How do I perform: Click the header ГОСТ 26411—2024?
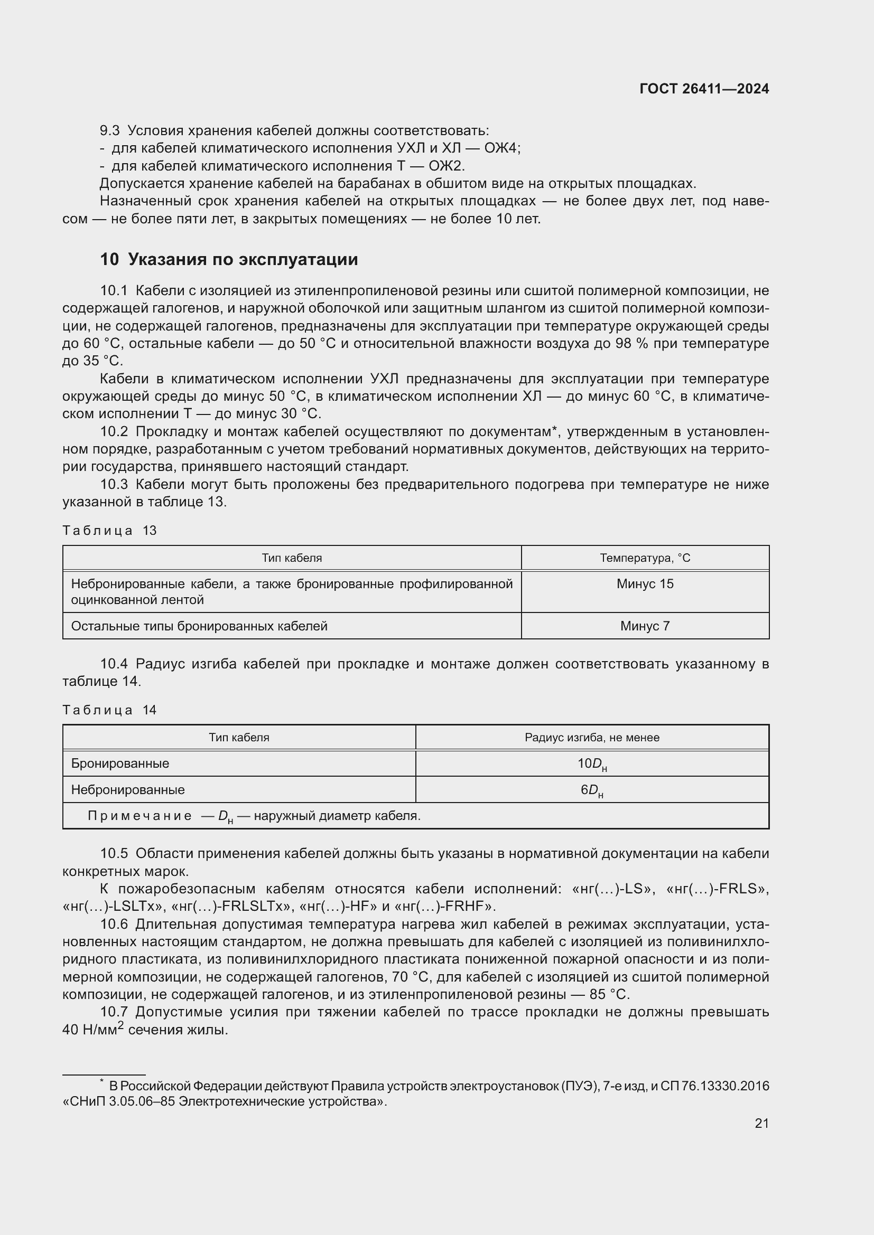coord(704,89)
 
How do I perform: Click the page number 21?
coord(761,1123)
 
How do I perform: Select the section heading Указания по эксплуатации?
coord(243,259)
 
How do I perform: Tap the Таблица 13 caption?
coord(109,530)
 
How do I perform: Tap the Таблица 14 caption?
coord(109,710)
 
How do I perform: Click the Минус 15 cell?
coord(645,584)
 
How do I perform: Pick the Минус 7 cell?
coord(645,626)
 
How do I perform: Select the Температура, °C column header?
coord(645,558)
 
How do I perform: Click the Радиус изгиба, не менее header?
coord(592,738)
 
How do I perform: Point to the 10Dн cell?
coord(592,765)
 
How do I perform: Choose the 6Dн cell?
coord(592,791)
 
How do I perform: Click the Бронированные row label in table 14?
coord(120,764)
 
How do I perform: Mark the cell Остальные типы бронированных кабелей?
coord(199,626)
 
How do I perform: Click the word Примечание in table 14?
coord(140,816)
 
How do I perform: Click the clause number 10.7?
coord(114,1012)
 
